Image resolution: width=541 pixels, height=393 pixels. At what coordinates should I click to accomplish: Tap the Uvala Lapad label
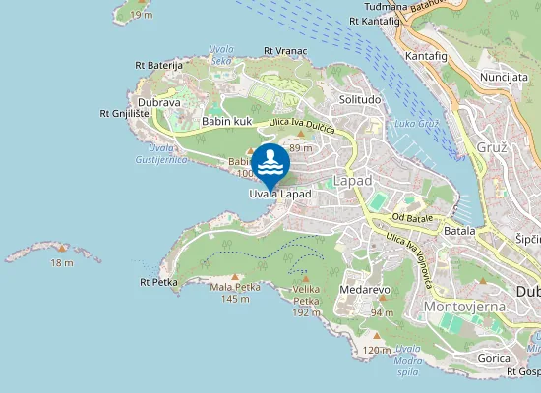279,195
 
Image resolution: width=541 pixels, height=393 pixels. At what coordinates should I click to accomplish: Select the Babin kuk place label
228,122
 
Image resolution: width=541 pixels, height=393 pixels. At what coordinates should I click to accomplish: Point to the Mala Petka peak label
235,287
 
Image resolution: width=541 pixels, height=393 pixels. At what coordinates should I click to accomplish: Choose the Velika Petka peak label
308,293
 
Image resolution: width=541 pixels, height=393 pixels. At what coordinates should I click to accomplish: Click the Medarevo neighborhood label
366,290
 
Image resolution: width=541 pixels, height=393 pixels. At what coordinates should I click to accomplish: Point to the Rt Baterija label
159,65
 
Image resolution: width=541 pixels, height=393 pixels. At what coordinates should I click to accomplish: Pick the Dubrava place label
159,100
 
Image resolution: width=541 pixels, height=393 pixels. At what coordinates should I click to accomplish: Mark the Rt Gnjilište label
125,113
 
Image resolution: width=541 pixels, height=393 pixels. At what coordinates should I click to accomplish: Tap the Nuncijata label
504,76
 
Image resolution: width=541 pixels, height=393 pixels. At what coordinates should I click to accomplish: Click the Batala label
459,229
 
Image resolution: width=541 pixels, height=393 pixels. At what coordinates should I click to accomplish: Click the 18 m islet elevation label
62,262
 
